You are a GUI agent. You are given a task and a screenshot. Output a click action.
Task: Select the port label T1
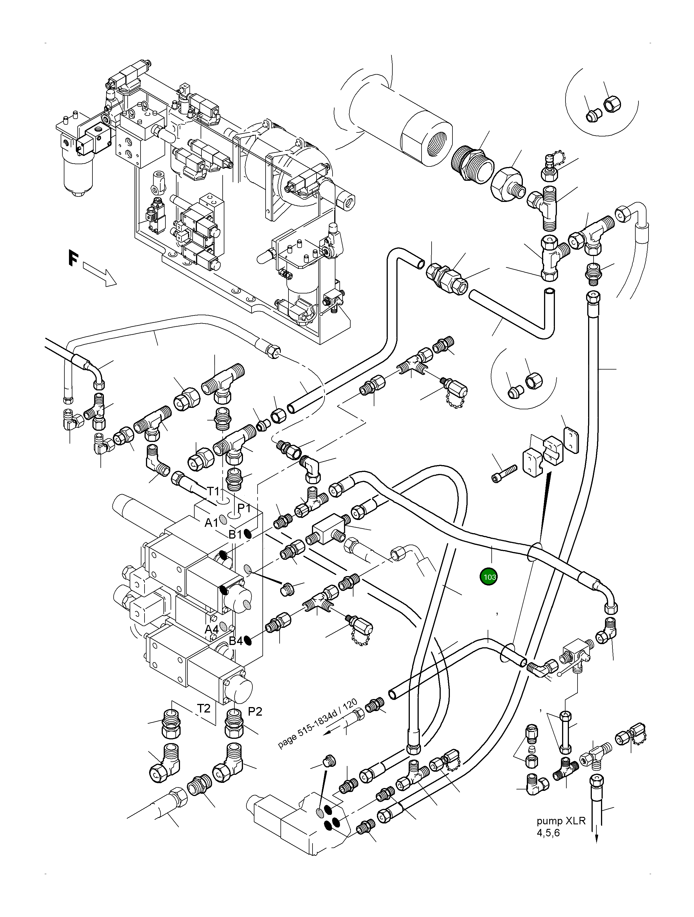(213, 491)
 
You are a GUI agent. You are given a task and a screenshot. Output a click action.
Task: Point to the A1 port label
(211, 523)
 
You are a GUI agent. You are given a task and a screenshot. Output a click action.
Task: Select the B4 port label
(236, 641)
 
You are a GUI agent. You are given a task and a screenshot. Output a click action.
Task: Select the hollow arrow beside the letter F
(100, 274)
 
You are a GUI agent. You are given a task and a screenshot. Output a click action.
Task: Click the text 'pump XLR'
(561, 821)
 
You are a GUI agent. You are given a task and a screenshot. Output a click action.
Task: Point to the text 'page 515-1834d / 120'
(317, 723)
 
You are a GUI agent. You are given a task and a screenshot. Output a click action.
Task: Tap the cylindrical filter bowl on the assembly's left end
(78, 174)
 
